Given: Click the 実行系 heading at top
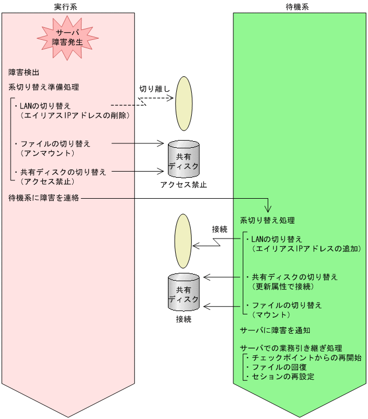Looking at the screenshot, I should pos(68,6).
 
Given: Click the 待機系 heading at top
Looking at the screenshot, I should pos(300,6).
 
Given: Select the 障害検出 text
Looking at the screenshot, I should pos(24,73).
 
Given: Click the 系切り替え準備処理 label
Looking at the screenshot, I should pos(44,87).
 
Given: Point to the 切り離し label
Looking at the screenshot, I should pos(155,89).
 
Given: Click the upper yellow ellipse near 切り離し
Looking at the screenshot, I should pos(184,100).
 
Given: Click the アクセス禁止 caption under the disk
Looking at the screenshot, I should pos(183,184).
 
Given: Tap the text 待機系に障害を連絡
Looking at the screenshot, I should pos(44,198).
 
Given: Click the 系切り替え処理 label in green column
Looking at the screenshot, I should pos(267,220).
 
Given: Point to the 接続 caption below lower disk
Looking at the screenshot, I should pos(183,319).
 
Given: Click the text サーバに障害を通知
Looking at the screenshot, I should pos(275,330).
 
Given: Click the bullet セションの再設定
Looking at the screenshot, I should pos(280,377).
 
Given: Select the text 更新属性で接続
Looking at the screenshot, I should pos(283,286).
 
